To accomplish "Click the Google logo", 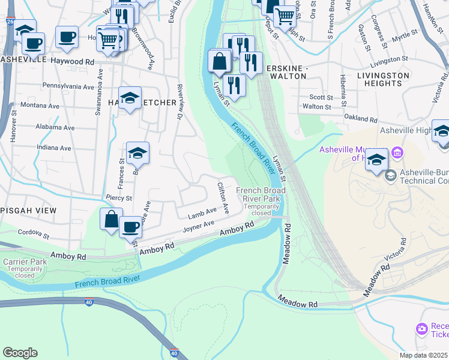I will coord(20,353).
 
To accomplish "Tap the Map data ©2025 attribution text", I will coord(423,355).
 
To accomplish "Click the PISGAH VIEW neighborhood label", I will coord(28,211).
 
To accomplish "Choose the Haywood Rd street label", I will coord(73,62).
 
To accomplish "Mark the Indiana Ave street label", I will coord(53,148).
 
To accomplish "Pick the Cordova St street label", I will coord(33,232).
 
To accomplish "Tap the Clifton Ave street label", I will coord(223,199).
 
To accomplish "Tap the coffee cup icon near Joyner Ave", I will coord(130,227).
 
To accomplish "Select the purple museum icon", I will coord(396,153).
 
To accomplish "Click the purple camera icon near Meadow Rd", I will coord(421,328).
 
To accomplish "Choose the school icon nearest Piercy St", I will coord(137,154).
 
